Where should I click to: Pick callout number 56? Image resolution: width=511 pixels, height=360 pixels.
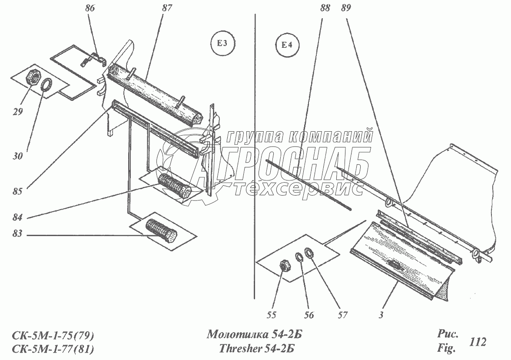point(309,315)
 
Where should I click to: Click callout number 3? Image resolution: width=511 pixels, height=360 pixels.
point(381,315)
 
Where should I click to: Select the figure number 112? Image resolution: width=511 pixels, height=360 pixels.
point(478,342)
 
